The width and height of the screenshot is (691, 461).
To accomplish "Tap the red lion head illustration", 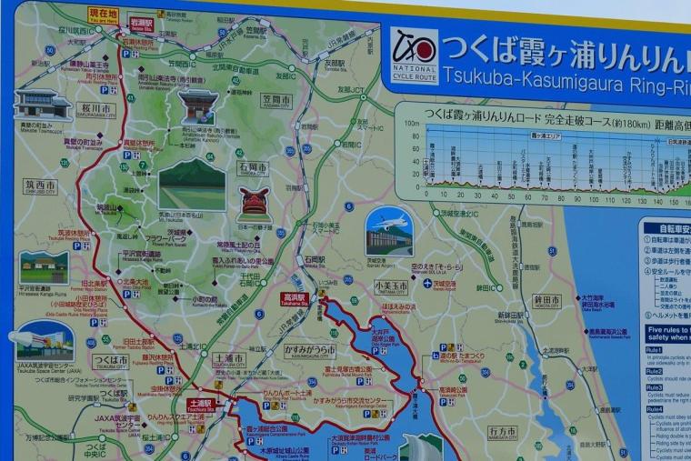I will [253, 201].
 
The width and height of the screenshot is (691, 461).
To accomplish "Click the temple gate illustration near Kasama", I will [197, 105].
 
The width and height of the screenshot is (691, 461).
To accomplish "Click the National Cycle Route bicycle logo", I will [414, 55].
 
